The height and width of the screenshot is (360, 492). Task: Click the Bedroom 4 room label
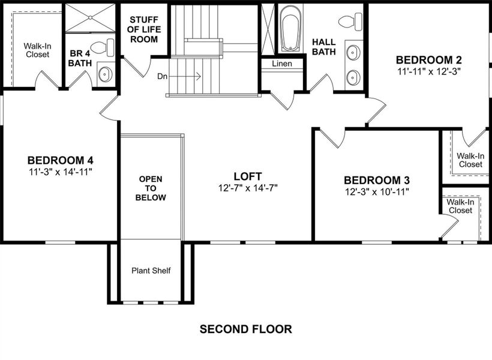click(60, 160)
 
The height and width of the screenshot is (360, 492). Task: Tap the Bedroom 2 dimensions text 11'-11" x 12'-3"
click(429, 71)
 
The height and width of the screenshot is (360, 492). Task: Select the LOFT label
click(248, 176)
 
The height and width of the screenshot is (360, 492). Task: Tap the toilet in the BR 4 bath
click(103, 47)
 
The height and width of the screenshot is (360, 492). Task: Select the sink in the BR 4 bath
click(106, 74)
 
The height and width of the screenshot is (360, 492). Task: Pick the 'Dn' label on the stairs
click(163, 76)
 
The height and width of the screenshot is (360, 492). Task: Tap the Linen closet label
click(281, 64)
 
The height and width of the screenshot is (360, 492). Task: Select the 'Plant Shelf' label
click(151, 271)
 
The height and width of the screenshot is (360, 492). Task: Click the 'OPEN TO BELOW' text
click(151, 188)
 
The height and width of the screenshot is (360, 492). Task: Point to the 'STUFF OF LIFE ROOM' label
click(144, 29)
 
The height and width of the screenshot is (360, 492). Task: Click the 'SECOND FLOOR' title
click(245, 329)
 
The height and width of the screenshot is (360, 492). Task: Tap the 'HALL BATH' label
click(324, 47)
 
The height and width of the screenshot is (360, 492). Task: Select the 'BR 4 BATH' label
click(79, 57)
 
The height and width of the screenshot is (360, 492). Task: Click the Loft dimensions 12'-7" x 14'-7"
click(248, 187)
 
